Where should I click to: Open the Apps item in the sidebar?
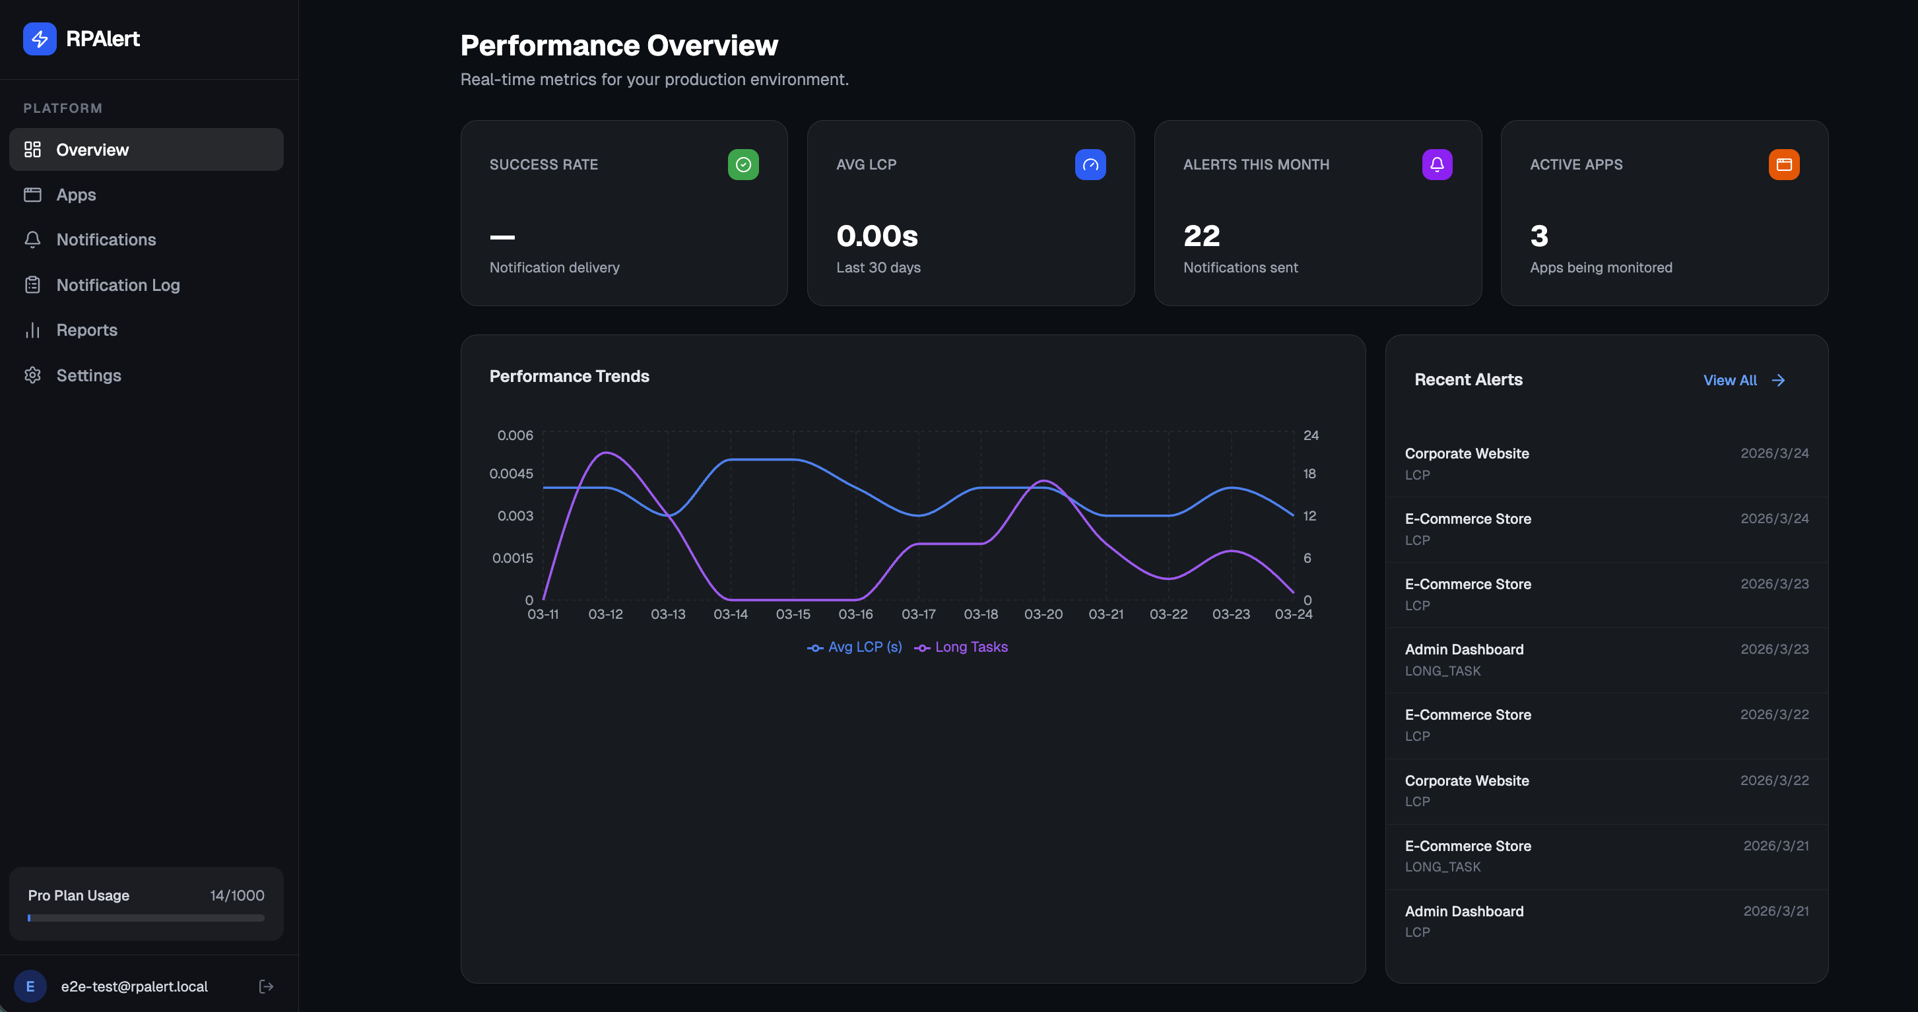pyautogui.click(x=75, y=195)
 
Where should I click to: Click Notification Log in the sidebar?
pyautogui.click(x=117, y=285)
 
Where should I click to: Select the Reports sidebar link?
pyautogui.click(x=86, y=330)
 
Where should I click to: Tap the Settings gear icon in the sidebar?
pyautogui.click(x=32, y=375)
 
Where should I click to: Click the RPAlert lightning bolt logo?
pyautogui.click(x=40, y=39)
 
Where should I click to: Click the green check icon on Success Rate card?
pyautogui.click(x=743, y=164)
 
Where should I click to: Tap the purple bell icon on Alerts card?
pyautogui.click(x=1436, y=164)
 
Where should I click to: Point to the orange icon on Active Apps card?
pyautogui.click(x=1783, y=164)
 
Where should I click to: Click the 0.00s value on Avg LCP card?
pyautogui.click(x=876, y=236)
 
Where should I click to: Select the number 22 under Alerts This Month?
pyautogui.click(x=1201, y=236)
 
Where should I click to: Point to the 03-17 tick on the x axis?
pyautogui.click(x=918, y=615)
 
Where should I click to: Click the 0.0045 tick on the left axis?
pyautogui.click(x=511, y=474)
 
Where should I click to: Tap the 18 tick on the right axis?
pyautogui.click(x=1309, y=474)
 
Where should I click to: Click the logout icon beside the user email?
pyautogui.click(x=266, y=987)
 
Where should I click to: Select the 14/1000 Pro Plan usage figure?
pyautogui.click(x=237, y=895)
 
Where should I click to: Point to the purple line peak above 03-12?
pyautogui.click(x=607, y=453)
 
